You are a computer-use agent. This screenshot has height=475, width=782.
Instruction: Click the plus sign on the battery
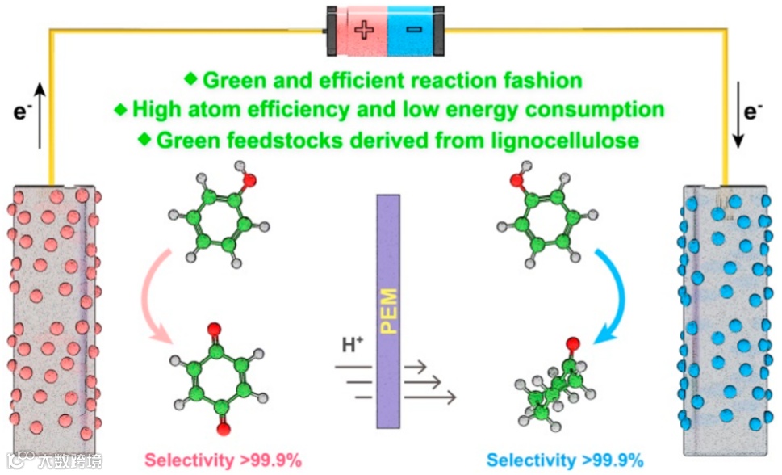click(x=365, y=31)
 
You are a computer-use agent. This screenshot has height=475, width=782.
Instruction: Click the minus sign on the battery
click(x=413, y=31)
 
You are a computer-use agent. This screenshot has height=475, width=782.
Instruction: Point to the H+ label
click(x=353, y=345)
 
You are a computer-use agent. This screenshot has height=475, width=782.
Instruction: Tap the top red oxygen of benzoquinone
click(x=212, y=329)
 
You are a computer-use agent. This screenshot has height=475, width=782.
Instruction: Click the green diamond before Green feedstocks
click(x=145, y=138)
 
